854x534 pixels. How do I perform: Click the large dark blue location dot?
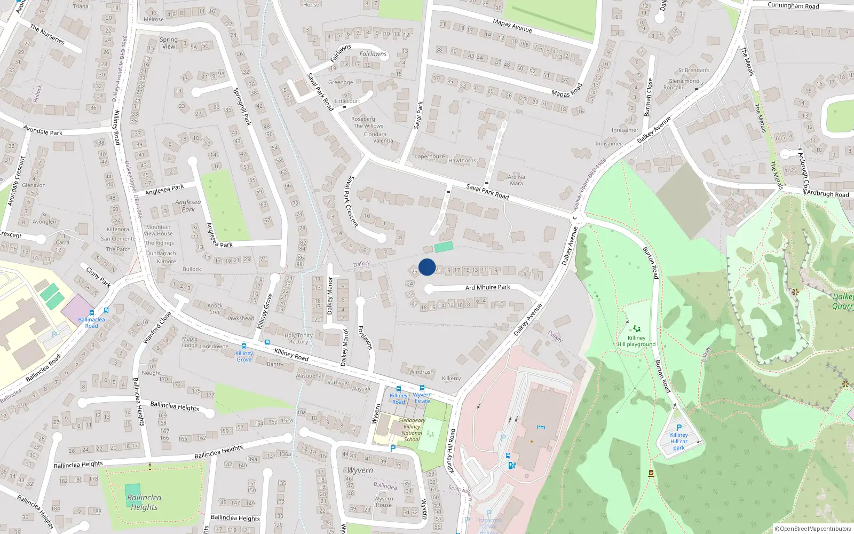tap(427, 267)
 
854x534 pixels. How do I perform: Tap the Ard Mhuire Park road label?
tap(487, 287)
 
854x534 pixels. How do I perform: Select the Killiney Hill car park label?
tap(678, 441)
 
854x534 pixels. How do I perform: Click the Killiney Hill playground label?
tap(636, 341)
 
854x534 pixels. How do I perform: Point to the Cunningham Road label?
tap(793, 6)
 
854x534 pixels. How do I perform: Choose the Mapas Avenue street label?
tap(512, 26)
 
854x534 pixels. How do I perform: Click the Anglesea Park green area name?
tap(188, 206)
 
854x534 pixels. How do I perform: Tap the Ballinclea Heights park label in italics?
tap(144, 502)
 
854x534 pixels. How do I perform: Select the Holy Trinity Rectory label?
tap(298, 339)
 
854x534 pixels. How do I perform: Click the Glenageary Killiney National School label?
tap(412, 430)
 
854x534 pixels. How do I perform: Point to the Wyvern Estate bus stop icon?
tap(422, 388)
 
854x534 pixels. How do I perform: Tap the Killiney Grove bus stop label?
tap(244, 356)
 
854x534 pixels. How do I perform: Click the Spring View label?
tap(169, 43)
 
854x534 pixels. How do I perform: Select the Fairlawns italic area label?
tap(373, 54)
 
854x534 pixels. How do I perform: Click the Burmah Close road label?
tap(648, 97)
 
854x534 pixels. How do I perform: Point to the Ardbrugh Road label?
tap(827, 193)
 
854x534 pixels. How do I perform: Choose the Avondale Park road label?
tap(43, 130)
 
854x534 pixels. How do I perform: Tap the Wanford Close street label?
tap(157, 327)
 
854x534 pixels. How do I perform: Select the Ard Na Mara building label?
tap(516, 180)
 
